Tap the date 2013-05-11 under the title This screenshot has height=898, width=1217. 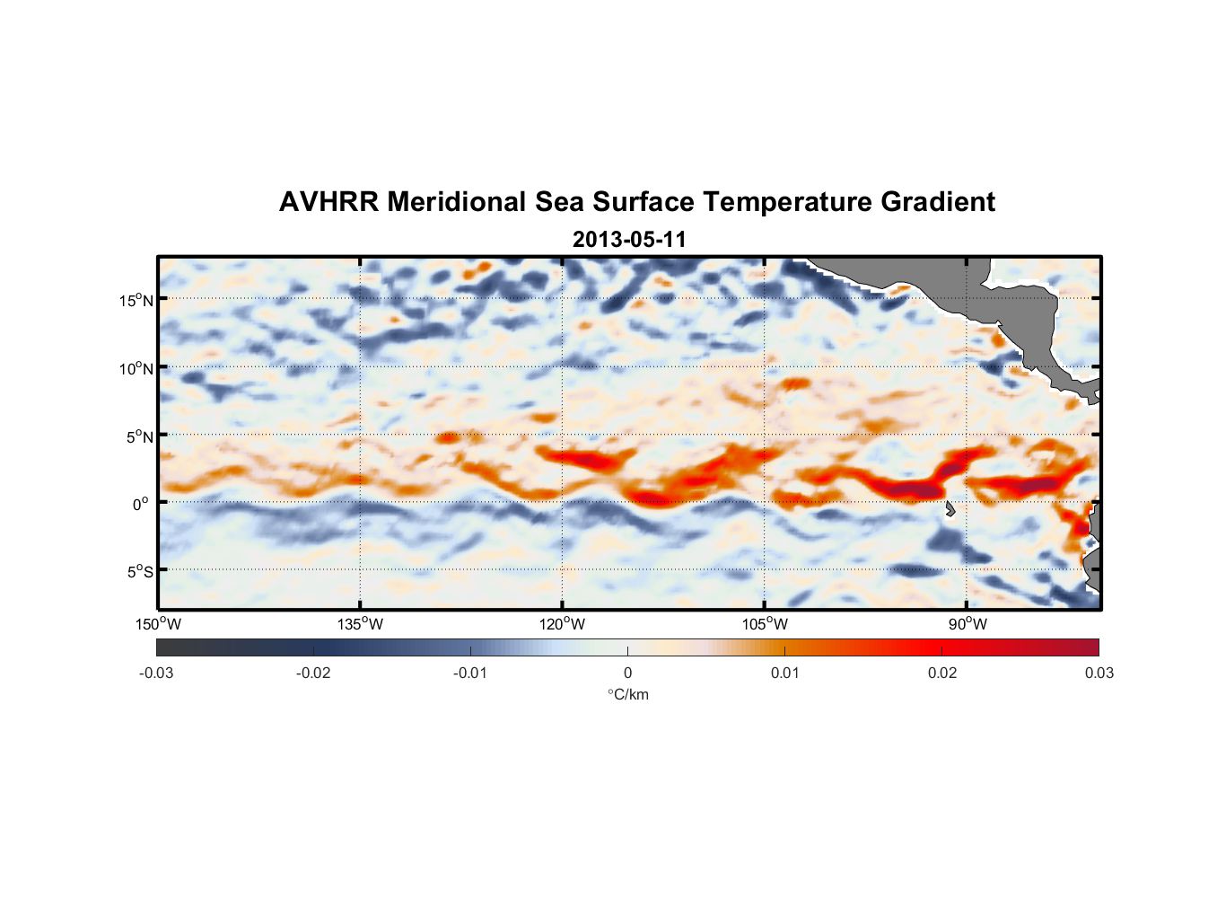pos(628,240)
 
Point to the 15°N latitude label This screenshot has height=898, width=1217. pos(136,300)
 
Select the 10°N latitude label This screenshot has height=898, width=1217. pos(136,368)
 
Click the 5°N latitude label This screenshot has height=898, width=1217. pos(139,436)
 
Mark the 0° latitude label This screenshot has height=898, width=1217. pos(141,504)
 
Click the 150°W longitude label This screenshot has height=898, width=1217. pos(158,624)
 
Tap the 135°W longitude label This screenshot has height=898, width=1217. pos(360,624)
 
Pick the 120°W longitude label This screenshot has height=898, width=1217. pos(562,624)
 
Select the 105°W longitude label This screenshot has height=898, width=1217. pos(765,624)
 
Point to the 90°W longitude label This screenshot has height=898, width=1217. pos(967,624)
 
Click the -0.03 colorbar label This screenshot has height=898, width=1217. pos(156,673)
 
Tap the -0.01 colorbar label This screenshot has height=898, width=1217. pos(470,673)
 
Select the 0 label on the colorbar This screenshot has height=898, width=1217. pos(627,673)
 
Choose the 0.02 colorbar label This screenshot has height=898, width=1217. pos(942,673)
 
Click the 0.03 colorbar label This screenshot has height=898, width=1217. pos(1099,673)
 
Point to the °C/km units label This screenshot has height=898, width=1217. pos(627,694)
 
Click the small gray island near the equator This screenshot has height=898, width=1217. pos(950,509)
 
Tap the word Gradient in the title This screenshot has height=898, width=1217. pos(938,202)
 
